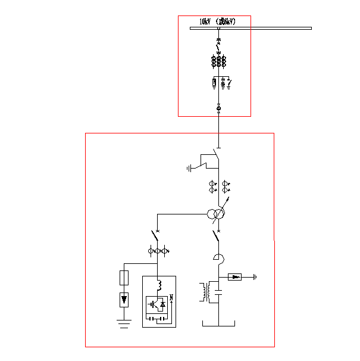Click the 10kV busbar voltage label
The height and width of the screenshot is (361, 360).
point(218,21)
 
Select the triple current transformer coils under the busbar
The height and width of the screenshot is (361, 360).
point(218,61)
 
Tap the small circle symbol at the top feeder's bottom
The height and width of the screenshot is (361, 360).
point(218,108)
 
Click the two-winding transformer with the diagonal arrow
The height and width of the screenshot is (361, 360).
point(215,214)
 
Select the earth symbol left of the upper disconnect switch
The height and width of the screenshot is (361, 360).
point(190,168)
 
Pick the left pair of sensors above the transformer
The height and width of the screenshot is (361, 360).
point(211,186)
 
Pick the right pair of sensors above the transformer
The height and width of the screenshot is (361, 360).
point(226,186)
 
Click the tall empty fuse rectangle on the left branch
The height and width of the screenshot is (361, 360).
point(124,278)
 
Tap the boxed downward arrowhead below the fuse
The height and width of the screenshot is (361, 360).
point(124,298)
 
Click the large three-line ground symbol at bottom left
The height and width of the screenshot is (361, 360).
point(124,324)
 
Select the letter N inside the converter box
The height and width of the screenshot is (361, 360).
point(171,297)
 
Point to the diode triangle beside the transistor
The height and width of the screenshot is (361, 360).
point(163,304)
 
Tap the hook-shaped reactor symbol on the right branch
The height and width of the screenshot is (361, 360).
point(218,257)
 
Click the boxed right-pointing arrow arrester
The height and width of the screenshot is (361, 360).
point(236,276)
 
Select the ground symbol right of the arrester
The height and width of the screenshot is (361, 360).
point(255,276)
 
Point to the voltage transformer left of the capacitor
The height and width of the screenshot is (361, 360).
point(206,292)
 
